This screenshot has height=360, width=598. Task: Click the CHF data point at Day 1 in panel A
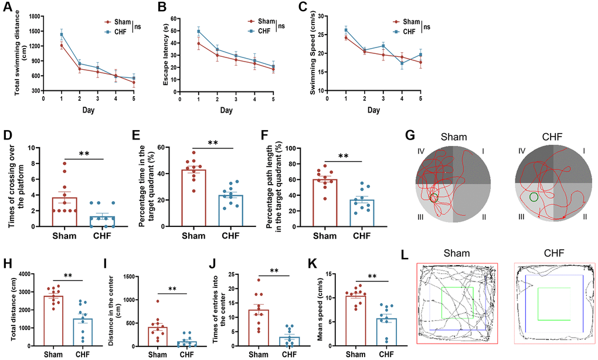(x=62, y=34)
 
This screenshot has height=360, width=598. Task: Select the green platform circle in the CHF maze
(x=534, y=197)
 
